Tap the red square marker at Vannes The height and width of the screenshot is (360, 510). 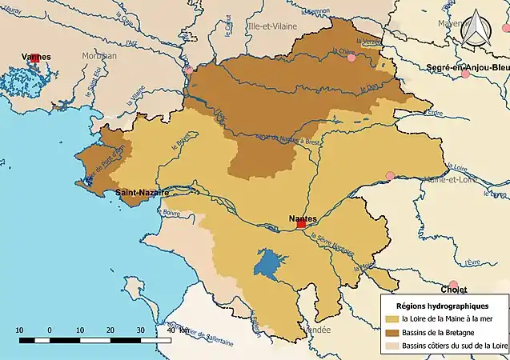34,58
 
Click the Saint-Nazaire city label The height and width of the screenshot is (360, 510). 142,193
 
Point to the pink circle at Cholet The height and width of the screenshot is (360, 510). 454,286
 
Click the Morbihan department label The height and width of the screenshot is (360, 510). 98,56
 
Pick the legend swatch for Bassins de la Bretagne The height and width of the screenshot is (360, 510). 391,331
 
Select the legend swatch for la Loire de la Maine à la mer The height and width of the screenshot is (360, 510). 391,318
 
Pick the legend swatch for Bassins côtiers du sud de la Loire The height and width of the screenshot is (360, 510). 391,344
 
